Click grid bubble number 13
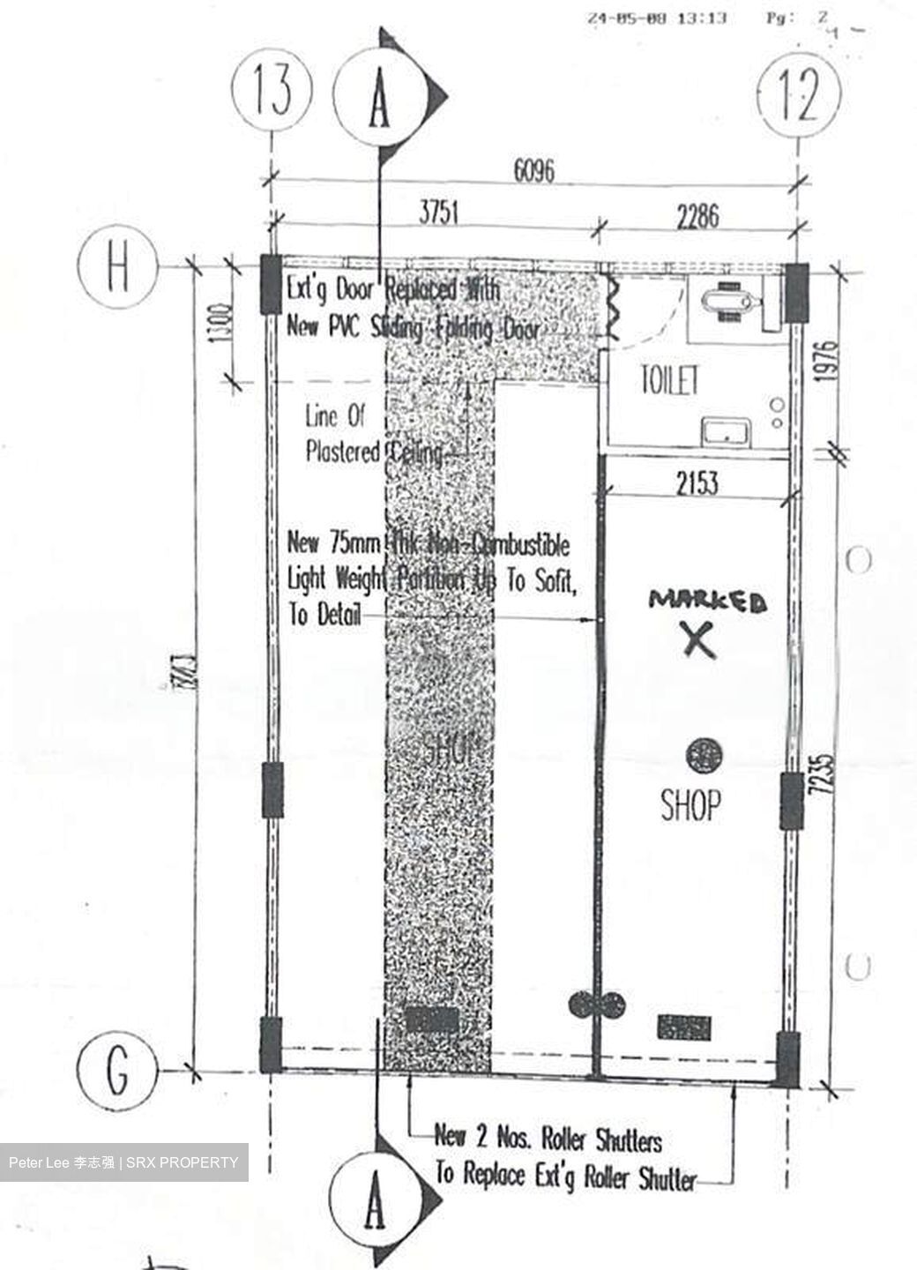point(272,92)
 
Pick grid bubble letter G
point(116,1071)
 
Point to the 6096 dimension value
point(533,169)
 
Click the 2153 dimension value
point(697,483)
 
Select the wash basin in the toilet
point(725,432)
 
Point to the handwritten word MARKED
point(707,601)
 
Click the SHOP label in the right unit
point(690,803)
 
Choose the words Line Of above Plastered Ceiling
point(334,415)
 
